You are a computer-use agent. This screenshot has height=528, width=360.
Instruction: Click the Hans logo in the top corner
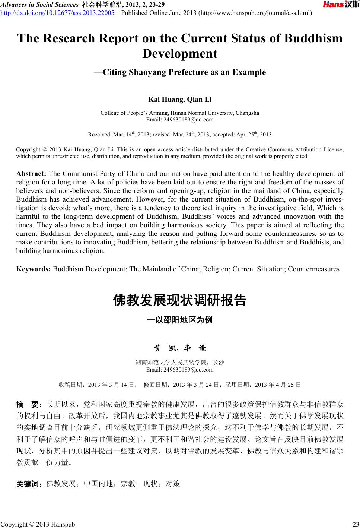click(341, 5)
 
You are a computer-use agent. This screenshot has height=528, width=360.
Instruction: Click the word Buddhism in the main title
click(313, 38)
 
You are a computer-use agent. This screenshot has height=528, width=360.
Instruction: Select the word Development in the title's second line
click(180, 54)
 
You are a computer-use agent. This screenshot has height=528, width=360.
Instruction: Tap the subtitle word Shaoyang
click(147, 72)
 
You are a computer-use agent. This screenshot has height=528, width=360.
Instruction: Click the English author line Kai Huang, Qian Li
click(180, 99)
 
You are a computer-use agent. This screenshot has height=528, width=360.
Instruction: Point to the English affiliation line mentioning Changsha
click(180, 113)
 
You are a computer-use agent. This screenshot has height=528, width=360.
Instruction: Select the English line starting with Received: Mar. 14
click(180, 135)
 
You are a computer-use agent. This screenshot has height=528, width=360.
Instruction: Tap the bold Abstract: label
click(31, 174)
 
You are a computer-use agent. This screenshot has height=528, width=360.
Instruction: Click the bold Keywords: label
click(34, 269)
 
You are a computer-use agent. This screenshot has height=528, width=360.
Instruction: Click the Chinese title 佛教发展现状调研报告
click(180, 300)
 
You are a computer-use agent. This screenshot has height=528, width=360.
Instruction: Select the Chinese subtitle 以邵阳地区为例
click(182, 320)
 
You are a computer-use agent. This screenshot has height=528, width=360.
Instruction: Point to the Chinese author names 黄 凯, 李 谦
click(180, 348)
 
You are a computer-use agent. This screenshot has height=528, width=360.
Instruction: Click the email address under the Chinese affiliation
click(180, 370)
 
